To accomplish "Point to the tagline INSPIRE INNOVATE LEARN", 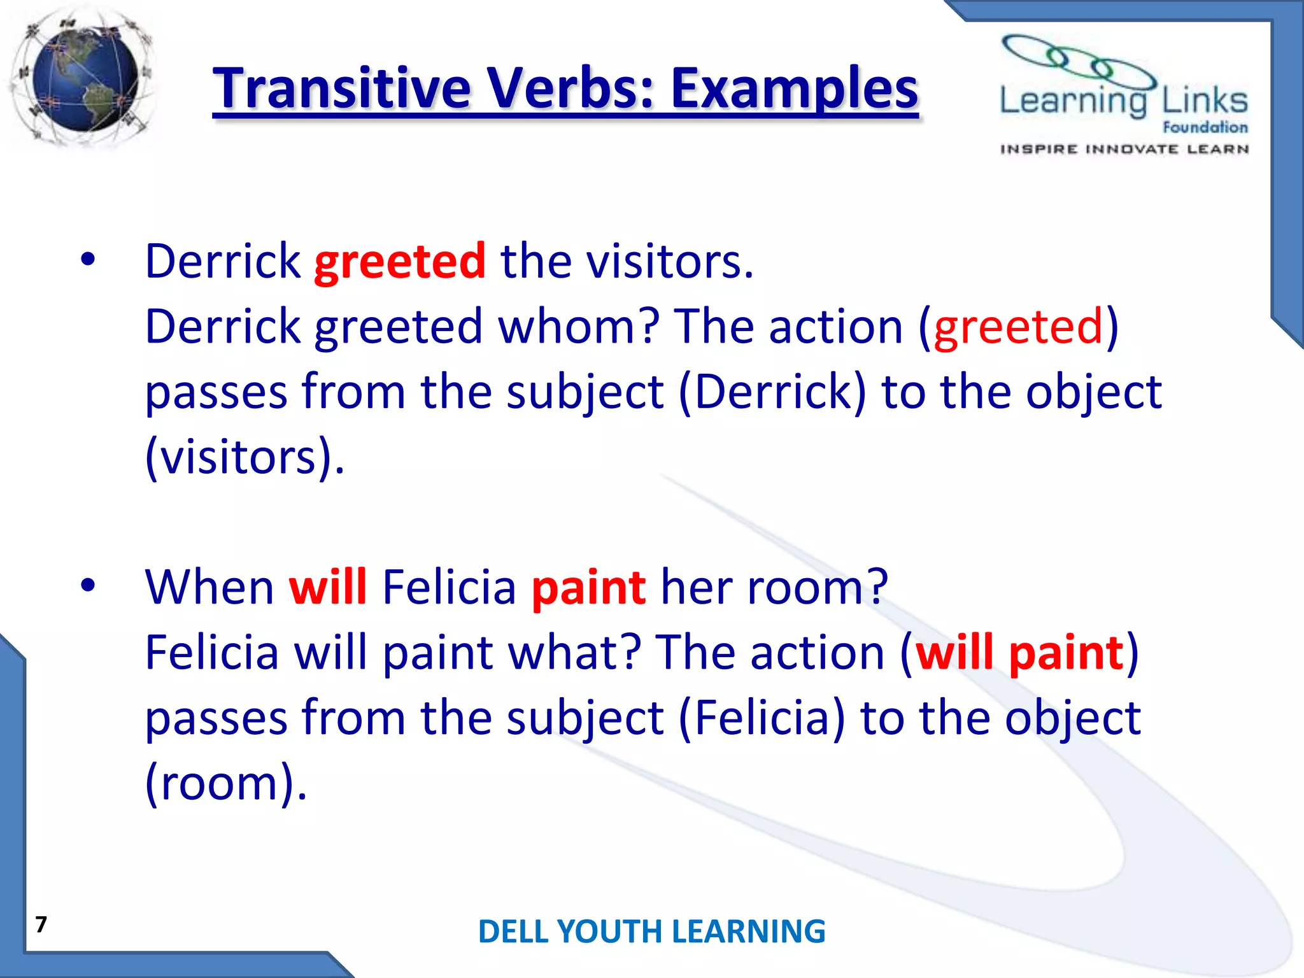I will [1124, 149].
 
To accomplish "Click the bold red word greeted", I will [400, 262].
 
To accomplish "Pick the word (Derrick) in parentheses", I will [772, 392].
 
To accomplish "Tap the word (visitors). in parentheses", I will [244, 457].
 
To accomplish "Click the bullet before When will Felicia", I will [88, 585].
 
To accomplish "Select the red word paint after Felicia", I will [588, 587].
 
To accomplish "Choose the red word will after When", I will [328, 587].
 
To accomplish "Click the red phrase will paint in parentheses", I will [1019, 653].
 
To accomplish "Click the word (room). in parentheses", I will [226, 783].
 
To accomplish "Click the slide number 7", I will [41, 924].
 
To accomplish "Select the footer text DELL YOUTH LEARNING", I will [651, 932].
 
